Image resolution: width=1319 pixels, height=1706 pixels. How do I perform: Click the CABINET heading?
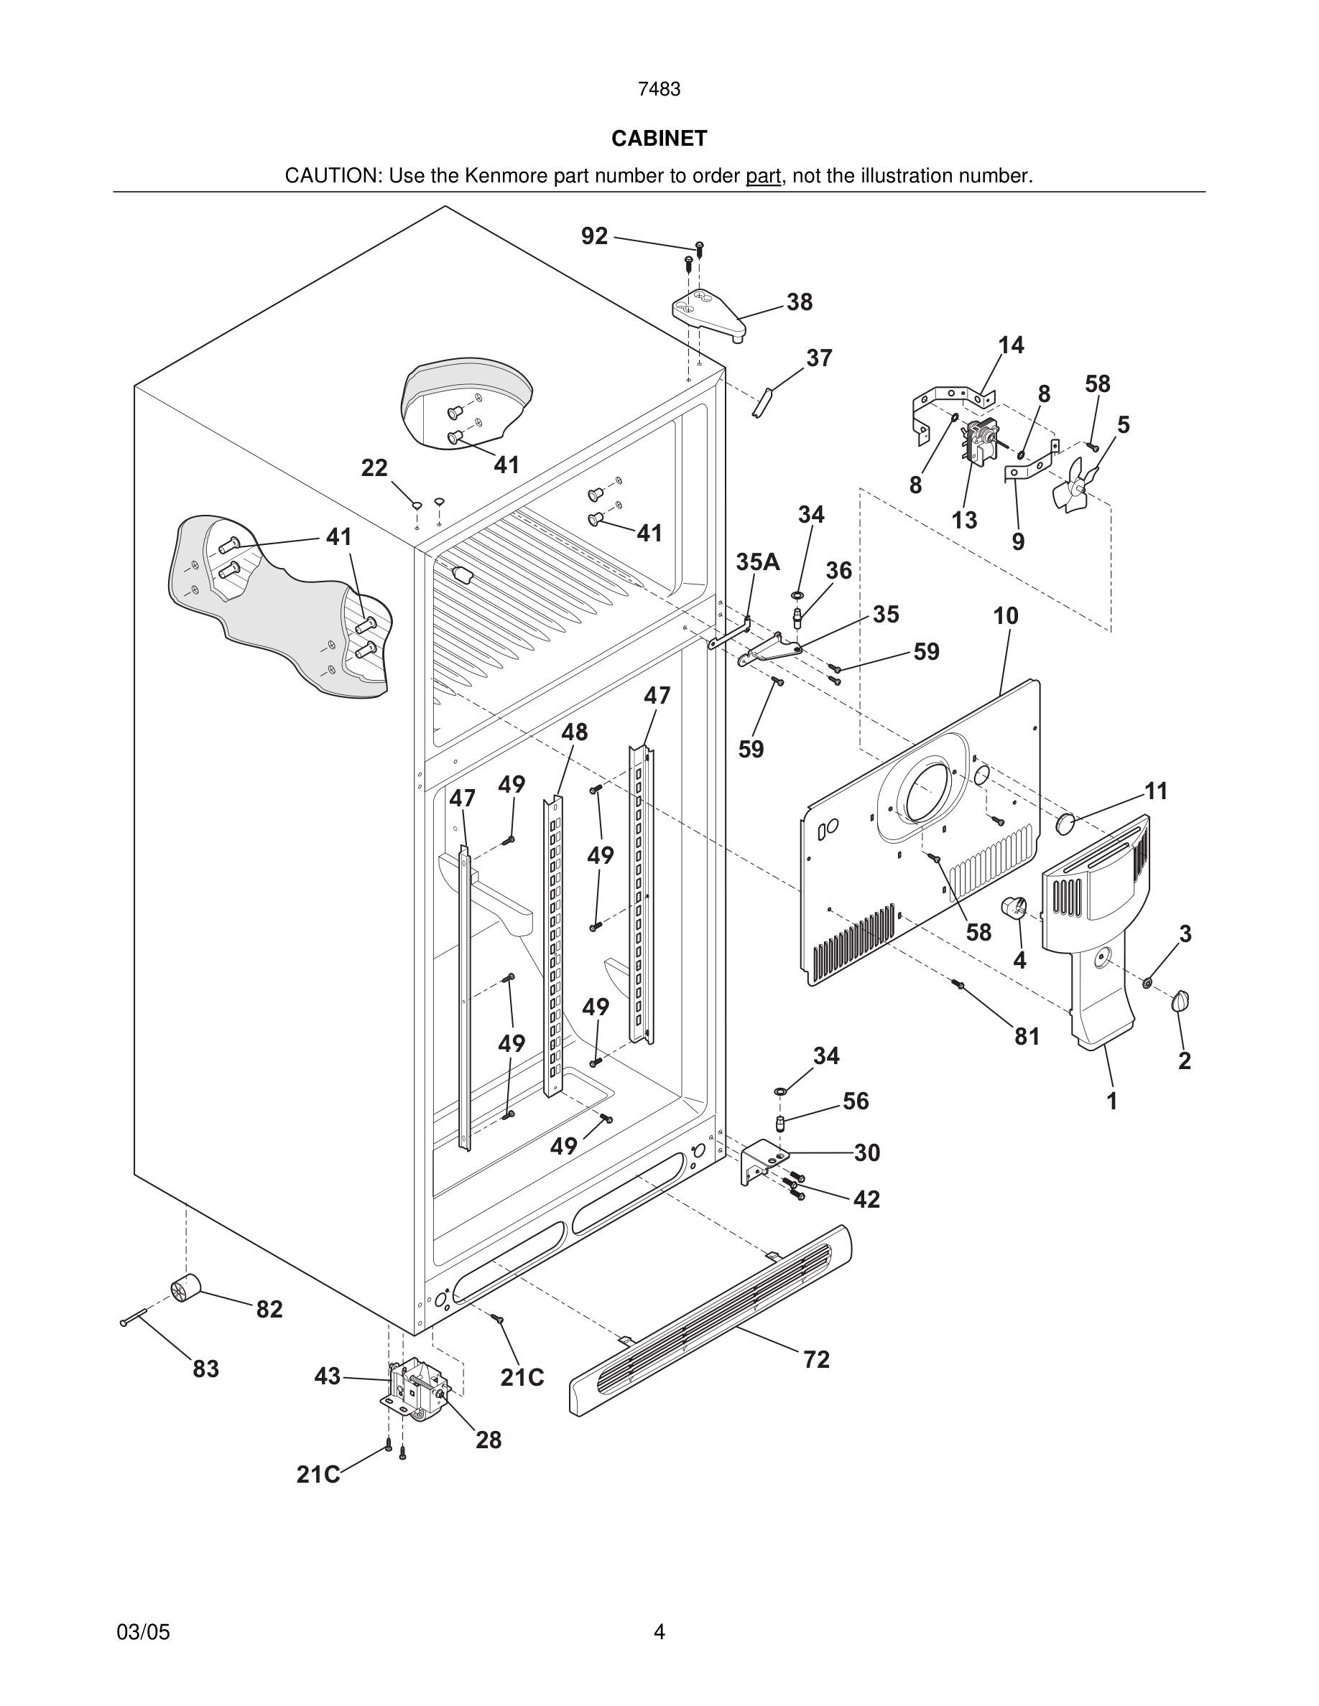tap(659, 139)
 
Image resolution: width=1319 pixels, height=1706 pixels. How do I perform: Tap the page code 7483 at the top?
tap(659, 90)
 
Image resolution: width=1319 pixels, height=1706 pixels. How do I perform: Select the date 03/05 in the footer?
tap(143, 1632)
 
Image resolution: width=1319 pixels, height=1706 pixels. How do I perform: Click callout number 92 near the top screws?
tap(594, 236)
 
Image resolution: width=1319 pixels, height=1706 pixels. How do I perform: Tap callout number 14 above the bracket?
tap(1010, 345)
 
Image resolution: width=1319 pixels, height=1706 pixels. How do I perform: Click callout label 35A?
tap(757, 561)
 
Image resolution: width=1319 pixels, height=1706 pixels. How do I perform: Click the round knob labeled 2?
tap(1180, 1001)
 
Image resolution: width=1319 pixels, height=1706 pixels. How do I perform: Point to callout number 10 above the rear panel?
tap(1006, 616)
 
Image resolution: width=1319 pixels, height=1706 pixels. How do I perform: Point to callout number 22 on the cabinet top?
tap(374, 468)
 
